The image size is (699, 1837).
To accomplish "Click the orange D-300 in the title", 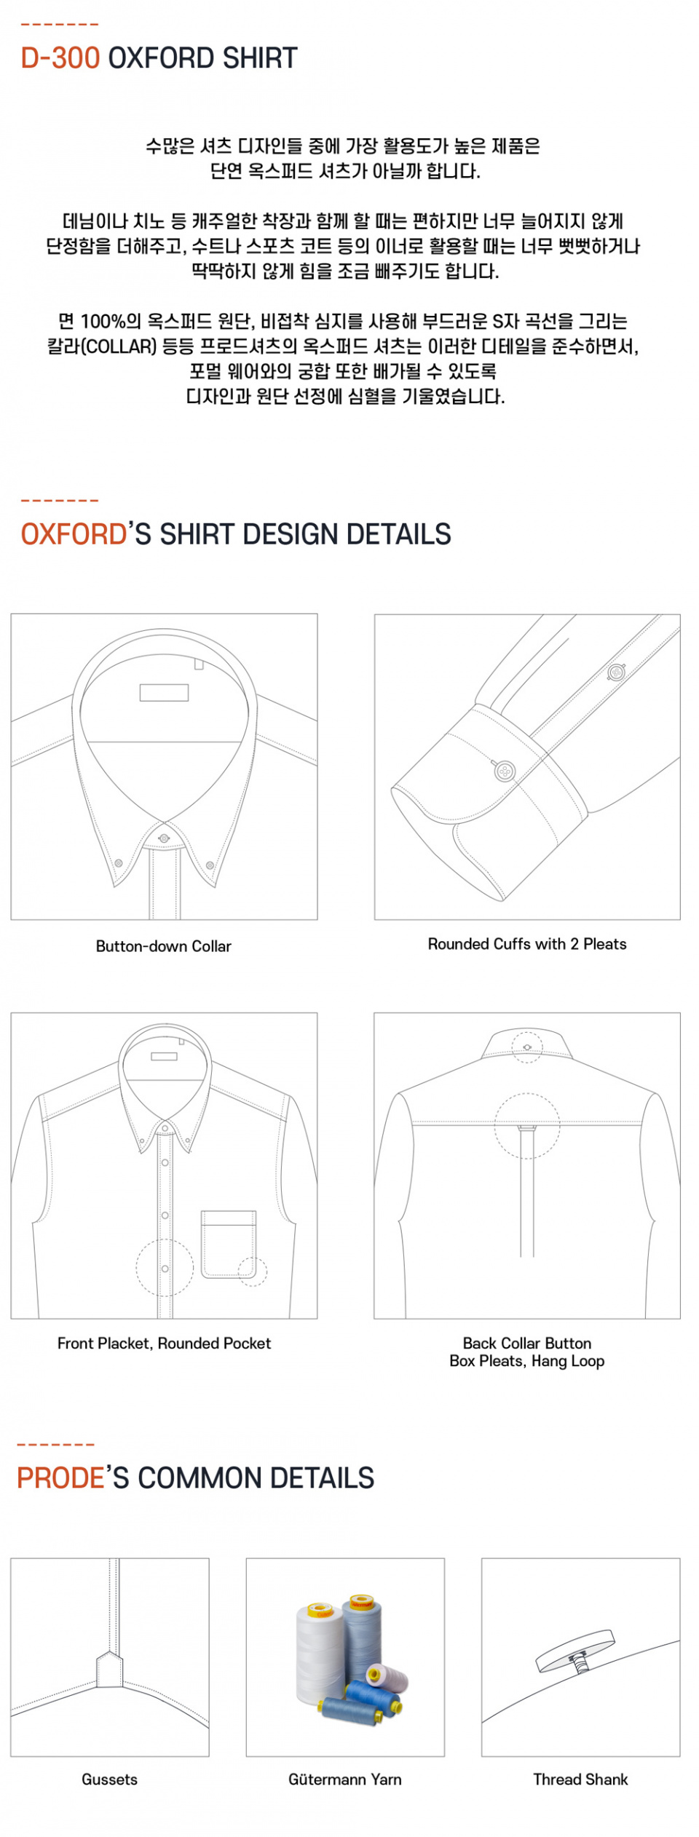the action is click(x=60, y=58).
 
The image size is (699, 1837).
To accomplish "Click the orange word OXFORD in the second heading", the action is click(x=74, y=534).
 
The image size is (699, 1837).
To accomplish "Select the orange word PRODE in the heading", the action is click(x=61, y=1478).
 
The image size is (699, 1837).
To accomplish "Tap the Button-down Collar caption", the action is click(x=164, y=946).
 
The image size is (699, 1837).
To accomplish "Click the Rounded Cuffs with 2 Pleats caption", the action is click(x=527, y=944).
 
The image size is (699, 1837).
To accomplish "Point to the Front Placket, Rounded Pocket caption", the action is click(x=164, y=1344).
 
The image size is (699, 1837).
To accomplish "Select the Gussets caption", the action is click(x=109, y=1780).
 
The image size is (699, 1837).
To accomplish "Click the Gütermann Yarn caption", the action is click(x=345, y=1780).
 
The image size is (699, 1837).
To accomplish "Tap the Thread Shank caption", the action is click(x=580, y=1780).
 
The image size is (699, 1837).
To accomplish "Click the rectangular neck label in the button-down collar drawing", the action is click(x=164, y=692).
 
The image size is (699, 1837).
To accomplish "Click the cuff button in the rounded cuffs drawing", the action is click(x=504, y=771).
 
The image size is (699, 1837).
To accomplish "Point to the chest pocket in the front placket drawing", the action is click(x=229, y=1244).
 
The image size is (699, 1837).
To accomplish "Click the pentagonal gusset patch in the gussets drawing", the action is click(x=109, y=1669).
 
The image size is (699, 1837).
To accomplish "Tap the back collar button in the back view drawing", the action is click(x=527, y=1047).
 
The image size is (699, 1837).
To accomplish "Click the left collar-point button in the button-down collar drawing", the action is click(x=118, y=863).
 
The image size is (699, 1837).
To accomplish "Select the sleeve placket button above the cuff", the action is click(x=617, y=672).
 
